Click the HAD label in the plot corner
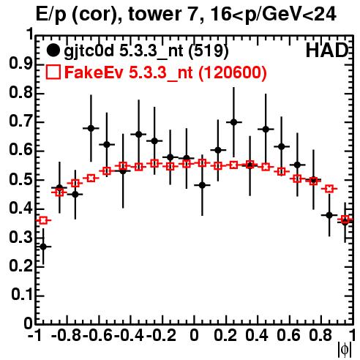[x=327, y=50]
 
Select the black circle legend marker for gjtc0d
[x=53, y=50]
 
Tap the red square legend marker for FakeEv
[x=53, y=72]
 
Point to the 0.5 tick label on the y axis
[x=20, y=180]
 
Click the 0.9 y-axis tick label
[x=20, y=64]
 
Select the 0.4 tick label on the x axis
[x=258, y=335]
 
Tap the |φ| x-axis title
[x=345, y=350]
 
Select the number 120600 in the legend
[x=232, y=72]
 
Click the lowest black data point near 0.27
[x=43, y=247]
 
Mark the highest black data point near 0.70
[x=233, y=122]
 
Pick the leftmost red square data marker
[x=43, y=220]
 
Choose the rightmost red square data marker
[x=345, y=219]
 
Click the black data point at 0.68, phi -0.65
[x=91, y=128]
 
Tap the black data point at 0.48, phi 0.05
[x=202, y=185]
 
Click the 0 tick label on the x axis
[x=194, y=335]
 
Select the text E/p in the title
[x=51, y=15]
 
